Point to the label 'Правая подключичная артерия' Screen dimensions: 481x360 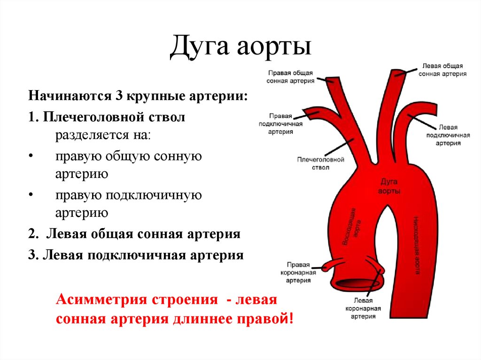point(281,124)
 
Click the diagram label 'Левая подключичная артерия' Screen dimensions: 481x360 point(448,135)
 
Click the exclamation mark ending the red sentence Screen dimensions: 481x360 point(291,319)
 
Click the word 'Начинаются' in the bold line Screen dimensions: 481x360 point(69,97)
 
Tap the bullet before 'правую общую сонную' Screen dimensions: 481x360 point(31,156)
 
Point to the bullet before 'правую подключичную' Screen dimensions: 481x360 point(31,194)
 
